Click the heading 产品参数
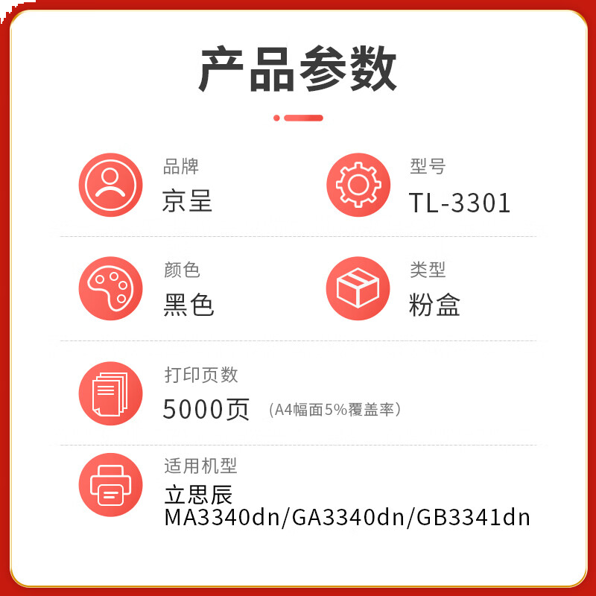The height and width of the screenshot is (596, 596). [x=297, y=69]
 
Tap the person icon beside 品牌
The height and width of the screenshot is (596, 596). [x=110, y=185]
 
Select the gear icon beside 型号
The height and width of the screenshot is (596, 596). [x=358, y=185]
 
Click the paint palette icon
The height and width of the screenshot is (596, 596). [x=110, y=288]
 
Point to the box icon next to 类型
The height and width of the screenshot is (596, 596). [x=358, y=288]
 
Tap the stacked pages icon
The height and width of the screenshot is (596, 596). [x=110, y=393]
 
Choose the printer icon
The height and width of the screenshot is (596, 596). [x=110, y=486]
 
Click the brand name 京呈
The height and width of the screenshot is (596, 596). [x=187, y=202]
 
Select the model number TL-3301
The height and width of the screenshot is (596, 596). [x=460, y=203]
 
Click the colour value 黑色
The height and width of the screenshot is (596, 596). [x=188, y=305]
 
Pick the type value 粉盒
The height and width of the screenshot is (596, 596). [x=434, y=305]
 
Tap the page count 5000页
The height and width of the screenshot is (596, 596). [x=206, y=409]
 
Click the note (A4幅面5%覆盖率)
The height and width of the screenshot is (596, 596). [x=335, y=410]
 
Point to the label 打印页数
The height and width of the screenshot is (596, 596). [x=200, y=375]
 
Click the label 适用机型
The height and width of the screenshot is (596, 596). [x=200, y=466]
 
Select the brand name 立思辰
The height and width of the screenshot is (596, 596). [x=198, y=495]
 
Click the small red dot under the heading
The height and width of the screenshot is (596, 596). [x=277, y=118]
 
